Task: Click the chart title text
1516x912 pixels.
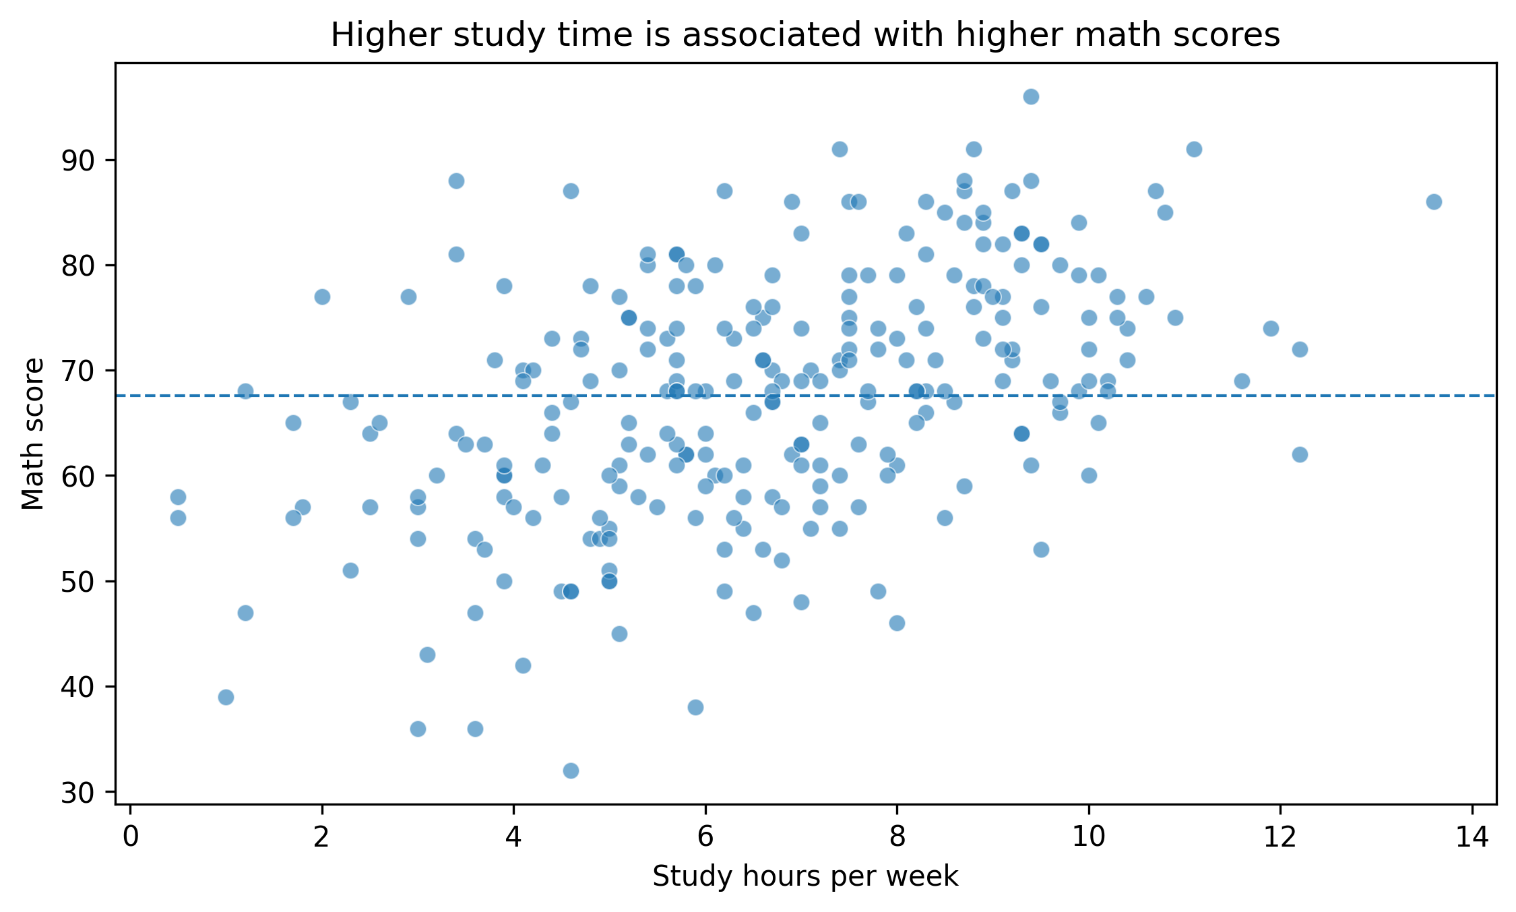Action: point(805,35)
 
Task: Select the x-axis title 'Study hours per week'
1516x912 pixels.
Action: point(805,876)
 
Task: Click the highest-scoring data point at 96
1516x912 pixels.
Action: point(1031,97)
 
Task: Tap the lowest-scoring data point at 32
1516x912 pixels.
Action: point(571,770)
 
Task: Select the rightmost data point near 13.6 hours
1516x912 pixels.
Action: point(1434,202)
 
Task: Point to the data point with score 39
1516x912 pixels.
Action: point(226,697)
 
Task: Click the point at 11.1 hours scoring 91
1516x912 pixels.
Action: point(1194,150)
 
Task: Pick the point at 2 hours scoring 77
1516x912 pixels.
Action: point(322,297)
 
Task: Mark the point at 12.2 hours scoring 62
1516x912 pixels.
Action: point(1300,455)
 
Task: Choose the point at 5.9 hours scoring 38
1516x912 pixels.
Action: point(695,708)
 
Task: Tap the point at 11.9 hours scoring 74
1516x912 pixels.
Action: point(1271,329)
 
